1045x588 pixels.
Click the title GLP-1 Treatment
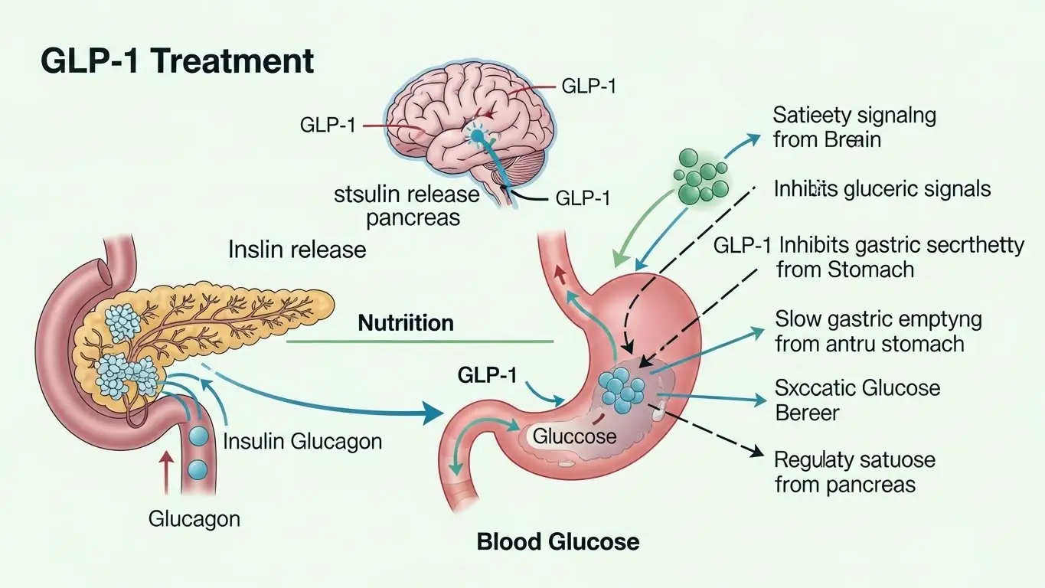click(177, 61)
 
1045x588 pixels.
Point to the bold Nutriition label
click(406, 322)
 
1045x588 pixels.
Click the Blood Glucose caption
click(557, 542)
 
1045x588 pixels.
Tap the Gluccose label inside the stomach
click(574, 436)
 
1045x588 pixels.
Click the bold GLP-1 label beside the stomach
click(487, 375)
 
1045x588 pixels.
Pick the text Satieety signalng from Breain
click(854, 128)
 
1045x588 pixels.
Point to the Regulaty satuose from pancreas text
click(854, 472)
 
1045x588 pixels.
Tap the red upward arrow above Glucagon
click(166, 470)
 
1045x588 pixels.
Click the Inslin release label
click(297, 249)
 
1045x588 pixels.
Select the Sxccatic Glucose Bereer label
click(857, 400)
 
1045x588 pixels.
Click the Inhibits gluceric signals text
click(882, 188)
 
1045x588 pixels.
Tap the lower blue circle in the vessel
click(198, 468)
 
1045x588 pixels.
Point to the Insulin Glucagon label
click(302, 441)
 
